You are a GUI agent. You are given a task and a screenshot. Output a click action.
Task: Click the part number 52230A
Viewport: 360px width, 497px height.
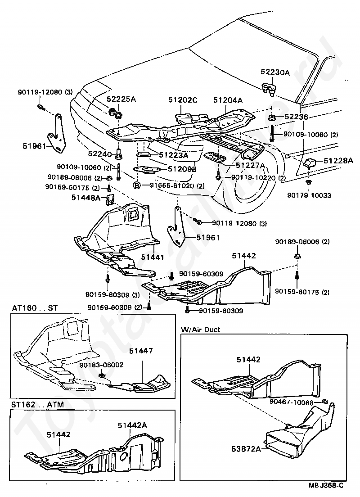275,72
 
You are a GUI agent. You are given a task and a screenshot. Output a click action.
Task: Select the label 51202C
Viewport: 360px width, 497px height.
183,100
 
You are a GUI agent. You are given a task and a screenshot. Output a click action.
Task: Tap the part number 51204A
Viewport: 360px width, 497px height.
228,100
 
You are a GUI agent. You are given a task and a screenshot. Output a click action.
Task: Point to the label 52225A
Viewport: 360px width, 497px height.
121,99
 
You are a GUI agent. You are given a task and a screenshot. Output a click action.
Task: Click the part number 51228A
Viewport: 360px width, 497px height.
338,161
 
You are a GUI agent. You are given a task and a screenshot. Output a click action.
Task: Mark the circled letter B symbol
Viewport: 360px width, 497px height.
137,185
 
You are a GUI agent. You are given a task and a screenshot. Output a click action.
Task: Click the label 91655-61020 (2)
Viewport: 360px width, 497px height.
177,186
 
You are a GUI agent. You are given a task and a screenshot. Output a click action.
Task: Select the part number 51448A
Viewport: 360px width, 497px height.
86,198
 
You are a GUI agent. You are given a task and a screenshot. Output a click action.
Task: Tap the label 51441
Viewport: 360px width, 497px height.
153,257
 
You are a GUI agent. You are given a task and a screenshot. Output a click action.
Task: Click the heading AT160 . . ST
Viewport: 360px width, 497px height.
35,308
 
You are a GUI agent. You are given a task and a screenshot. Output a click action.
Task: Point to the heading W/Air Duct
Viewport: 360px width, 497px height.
200,330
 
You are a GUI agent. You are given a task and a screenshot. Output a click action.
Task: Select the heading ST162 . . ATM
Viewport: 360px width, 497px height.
37,405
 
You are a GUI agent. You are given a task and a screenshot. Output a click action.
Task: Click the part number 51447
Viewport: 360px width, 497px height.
141,351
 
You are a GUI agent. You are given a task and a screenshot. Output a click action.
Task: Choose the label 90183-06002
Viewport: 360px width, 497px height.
101,365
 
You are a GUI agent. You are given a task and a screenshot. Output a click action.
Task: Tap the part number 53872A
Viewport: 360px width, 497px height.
246,449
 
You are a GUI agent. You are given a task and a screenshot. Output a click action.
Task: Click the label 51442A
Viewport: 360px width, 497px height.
132,425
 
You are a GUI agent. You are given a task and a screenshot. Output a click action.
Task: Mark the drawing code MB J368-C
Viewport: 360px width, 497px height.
326,485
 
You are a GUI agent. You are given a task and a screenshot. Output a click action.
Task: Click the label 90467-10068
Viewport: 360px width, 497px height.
292,402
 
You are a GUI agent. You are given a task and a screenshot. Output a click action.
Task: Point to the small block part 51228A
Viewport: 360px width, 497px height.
310,164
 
